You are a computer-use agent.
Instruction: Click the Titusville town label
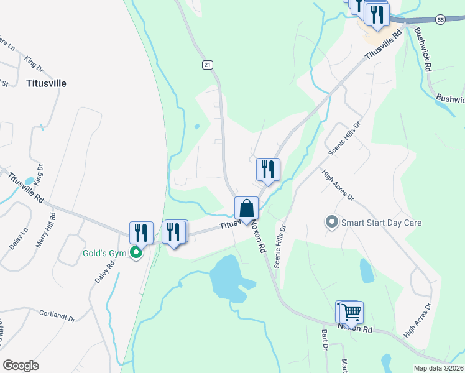point(46,83)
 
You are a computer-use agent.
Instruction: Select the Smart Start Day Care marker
point(332,222)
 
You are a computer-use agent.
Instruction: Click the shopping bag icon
point(247,209)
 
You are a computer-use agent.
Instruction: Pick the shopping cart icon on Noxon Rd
point(352,312)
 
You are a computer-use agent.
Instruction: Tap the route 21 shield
point(208,65)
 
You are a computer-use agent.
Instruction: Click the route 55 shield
point(441,20)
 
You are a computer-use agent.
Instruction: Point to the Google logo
point(21,365)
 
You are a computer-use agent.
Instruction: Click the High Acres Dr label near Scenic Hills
point(338,185)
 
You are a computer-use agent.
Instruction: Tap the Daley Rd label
point(105,272)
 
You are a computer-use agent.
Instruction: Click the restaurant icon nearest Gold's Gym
point(142,233)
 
